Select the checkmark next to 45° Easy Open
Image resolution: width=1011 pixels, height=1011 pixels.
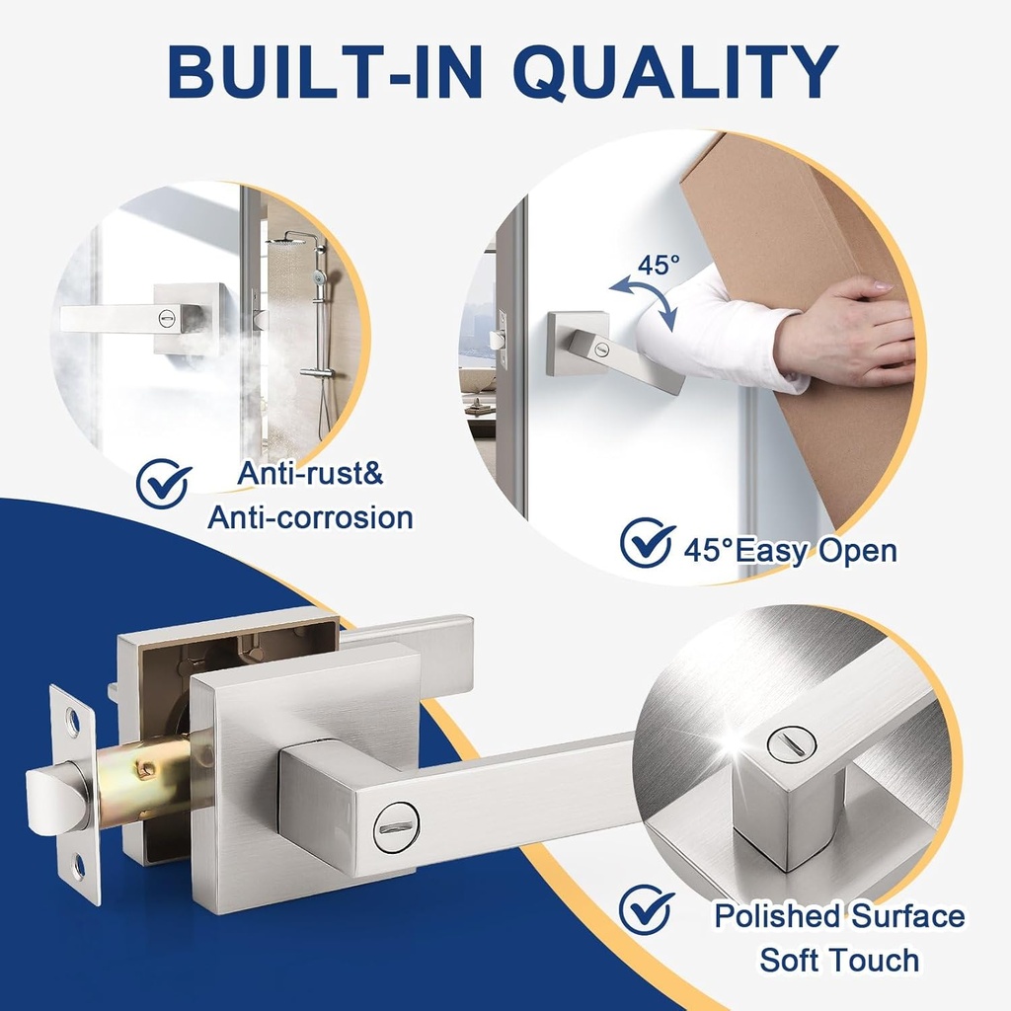click(x=647, y=543)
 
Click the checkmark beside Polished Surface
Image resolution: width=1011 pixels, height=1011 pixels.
click(x=647, y=909)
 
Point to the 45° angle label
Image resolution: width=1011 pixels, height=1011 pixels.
click(x=658, y=266)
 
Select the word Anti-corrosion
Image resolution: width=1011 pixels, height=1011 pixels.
click(x=310, y=517)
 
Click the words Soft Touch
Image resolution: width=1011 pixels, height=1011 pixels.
click(x=839, y=960)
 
